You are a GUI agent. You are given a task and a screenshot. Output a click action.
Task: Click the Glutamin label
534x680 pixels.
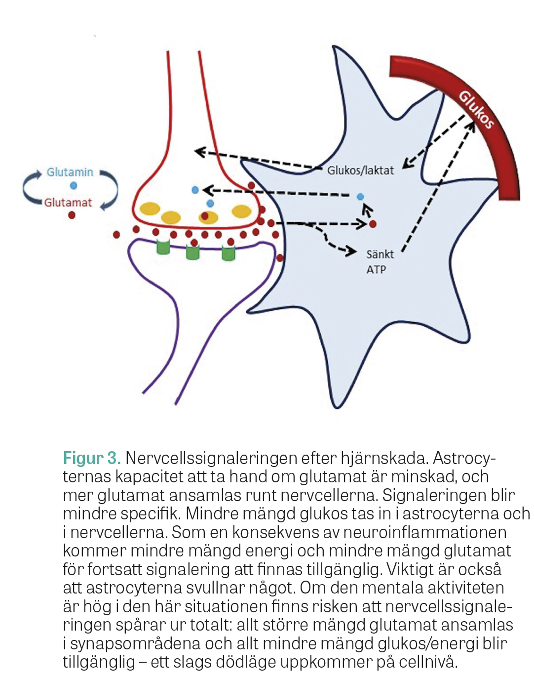point(70,172)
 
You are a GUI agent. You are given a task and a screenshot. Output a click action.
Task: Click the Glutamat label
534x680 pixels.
point(68,203)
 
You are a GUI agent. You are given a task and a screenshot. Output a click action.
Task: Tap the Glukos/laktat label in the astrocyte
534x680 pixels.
point(360,170)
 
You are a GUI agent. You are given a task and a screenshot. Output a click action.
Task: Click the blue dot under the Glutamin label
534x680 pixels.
point(74,186)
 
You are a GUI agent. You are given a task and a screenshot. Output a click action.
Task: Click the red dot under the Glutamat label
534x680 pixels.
point(72,215)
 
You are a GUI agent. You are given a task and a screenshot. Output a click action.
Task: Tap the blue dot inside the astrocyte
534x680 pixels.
point(360,197)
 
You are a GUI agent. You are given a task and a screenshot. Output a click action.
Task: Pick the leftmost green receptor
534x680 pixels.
point(163,247)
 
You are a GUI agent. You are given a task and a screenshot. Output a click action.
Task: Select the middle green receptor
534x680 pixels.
point(192,252)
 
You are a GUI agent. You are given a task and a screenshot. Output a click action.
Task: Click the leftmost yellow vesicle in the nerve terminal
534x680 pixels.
point(150,209)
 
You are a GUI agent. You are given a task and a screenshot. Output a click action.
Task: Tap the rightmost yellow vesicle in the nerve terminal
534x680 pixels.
point(241,212)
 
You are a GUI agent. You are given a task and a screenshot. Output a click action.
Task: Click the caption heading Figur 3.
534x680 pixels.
point(92,458)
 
